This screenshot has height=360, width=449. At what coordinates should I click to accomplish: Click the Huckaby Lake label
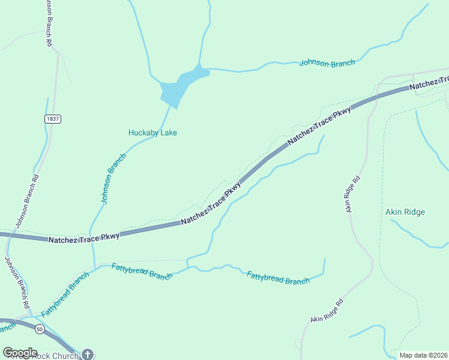(x=152, y=133)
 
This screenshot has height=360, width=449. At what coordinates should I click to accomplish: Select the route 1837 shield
(x=52, y=119)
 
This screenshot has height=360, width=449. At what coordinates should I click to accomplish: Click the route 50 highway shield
(x=40, y=329)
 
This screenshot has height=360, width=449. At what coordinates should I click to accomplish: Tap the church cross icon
(x=88, y=355)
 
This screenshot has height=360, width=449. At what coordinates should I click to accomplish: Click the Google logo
(x=20, y=353)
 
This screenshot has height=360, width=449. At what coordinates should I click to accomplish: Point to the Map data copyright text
(x=423, y=355)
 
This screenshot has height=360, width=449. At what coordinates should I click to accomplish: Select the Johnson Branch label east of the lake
(x=327, y=62)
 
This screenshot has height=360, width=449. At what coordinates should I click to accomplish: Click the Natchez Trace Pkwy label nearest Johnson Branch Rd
(x=83, y=237)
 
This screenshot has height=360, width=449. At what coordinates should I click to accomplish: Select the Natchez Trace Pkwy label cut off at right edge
(x=429, y=83)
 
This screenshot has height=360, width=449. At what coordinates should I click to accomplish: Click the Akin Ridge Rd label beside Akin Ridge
(x=352, y=194)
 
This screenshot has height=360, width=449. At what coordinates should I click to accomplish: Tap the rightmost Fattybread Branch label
(x=278, y=277)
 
